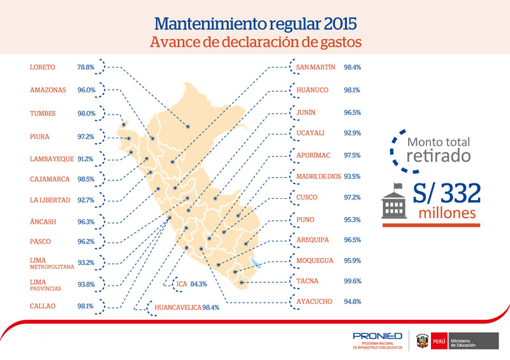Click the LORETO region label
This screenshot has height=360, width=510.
coord(42,68)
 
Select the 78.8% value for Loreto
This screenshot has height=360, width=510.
coord(86,68)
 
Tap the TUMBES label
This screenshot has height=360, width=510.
coord(43,113)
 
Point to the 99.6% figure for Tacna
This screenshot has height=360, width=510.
coord(353,281)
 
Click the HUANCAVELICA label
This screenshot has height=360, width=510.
coord(178,307)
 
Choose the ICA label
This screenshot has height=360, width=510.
coord(182,284)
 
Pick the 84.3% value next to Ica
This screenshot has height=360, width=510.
coord(198,284)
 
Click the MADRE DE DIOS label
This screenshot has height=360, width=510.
coord(318,176)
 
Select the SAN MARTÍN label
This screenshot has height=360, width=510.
coord(316,67)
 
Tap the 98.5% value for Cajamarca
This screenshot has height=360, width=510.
coord(86,179)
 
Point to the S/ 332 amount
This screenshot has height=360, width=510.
coord(447,194)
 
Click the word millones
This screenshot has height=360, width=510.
coord(448,213)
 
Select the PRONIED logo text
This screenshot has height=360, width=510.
coord(377,336)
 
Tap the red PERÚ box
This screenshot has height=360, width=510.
coord(439,341)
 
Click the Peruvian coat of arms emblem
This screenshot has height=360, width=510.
coord(422,341)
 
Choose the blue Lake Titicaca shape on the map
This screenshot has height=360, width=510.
coord(256,263)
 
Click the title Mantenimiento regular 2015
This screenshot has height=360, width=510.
coord(256,24)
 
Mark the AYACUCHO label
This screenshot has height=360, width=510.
coord(314,301)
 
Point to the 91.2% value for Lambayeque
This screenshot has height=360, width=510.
coord(85,159)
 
